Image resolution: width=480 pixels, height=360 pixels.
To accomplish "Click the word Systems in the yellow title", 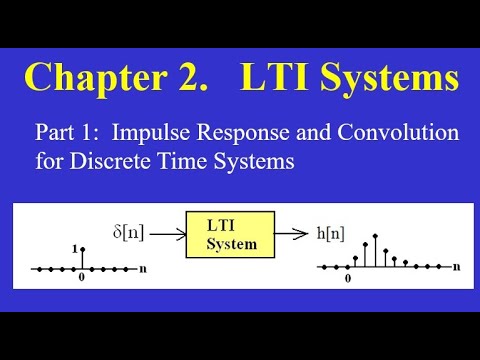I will coord(389,77).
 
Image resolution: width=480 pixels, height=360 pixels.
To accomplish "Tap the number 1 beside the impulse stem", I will coord(75,248).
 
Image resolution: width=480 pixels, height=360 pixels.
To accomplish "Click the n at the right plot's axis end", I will coord(457,268).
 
